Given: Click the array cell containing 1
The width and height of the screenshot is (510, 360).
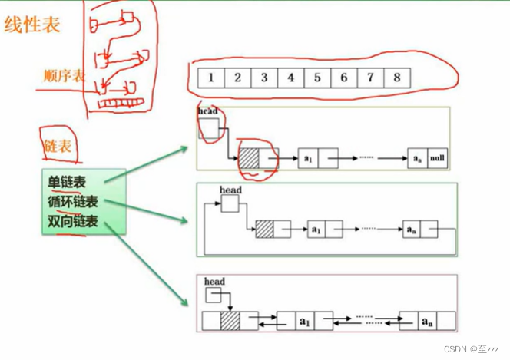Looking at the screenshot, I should coord(210,78).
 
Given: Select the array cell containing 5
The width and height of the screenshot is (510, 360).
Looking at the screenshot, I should coord(316,78).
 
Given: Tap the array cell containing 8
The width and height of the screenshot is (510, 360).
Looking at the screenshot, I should coord(396,78).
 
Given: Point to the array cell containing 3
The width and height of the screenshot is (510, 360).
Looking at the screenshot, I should coord(263,78).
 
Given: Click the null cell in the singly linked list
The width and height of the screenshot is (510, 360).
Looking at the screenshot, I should coord(438,159).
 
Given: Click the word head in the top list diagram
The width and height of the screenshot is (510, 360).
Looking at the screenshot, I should coord(207,111).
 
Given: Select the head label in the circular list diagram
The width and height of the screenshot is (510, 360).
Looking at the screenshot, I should coord(230,190).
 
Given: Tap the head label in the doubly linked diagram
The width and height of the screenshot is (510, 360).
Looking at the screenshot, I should coord(214,282).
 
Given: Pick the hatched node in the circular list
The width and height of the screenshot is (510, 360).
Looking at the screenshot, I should coord(264,229).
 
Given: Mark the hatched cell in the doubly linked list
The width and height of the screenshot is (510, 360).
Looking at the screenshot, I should coord(230,320).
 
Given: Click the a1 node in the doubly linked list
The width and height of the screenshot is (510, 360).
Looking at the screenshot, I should coord(304,320).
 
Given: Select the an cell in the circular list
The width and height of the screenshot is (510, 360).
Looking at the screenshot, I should coord(410,229).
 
